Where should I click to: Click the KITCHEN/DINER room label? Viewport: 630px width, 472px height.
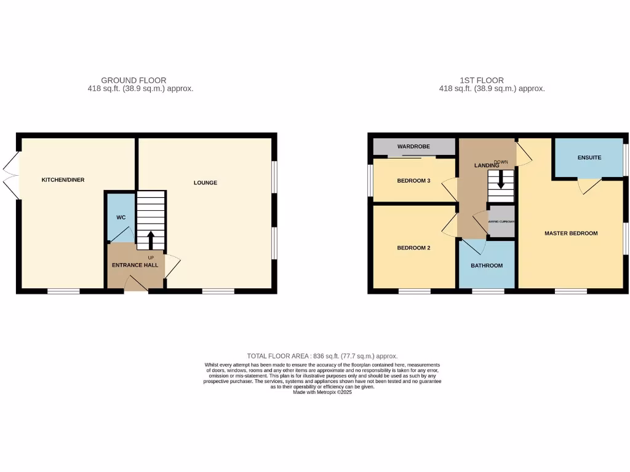click(x=63, y=180)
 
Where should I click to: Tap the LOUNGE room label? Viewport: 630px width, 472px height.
click(x=205, y=183)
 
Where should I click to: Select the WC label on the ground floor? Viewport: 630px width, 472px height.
click(x=121, y=218)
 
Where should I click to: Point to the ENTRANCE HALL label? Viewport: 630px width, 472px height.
click(x=135, y=265)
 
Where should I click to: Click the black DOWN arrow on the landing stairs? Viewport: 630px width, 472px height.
click(x=501, y=180)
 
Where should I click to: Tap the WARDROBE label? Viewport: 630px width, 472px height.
click(x=413, y=146)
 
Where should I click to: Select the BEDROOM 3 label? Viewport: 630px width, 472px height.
click(x=413, y=180)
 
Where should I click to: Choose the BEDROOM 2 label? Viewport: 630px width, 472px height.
click(x=412, y=248)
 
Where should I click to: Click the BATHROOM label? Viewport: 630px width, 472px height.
click(x=487, y=265)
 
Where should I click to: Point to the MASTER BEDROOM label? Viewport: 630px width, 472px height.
click(x=571, y=234)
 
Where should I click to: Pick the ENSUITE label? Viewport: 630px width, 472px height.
click(x=589, y=158)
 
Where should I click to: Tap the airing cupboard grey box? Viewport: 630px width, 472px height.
click(x=501, y=222)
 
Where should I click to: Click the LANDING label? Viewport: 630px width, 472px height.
click(x=485, y=166)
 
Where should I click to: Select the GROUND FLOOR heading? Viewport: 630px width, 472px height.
click(x=134, y=81)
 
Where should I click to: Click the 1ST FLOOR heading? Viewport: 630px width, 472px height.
click(x=481, y=81)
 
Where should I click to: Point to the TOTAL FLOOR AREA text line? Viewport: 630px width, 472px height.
click(x=322, y=356)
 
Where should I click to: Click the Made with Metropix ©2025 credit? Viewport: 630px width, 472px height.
click(x=322, y=392)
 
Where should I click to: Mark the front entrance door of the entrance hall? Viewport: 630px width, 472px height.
click(x=136, y=284)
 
